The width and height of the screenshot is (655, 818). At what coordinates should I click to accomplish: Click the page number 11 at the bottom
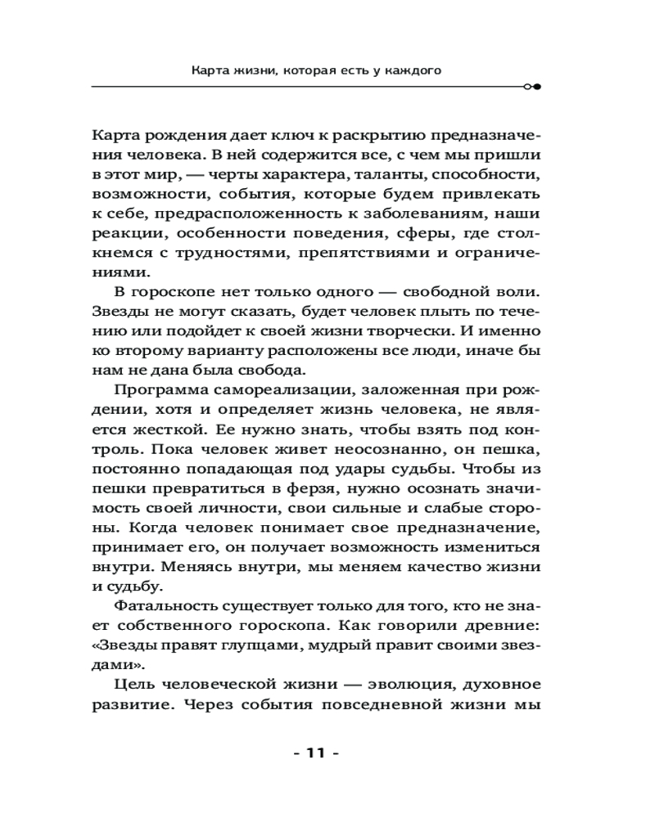(315, 753)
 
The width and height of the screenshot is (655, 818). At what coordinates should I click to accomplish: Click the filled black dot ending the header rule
(537, 86)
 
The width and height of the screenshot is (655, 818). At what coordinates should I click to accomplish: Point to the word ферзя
(282, 489)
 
